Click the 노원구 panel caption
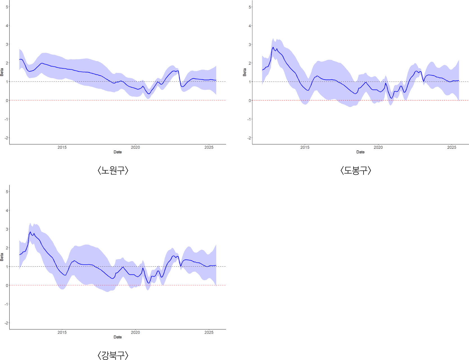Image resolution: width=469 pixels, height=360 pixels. point(113,170)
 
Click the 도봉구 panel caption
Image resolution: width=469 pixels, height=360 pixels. point(356,170)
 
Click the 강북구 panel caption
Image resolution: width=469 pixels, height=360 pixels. point(113,355)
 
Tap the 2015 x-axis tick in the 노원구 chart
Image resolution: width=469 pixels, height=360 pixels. point(62,147)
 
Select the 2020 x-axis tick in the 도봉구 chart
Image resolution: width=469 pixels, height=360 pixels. point(378,147)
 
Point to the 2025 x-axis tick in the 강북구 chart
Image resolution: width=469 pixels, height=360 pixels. point(209,332)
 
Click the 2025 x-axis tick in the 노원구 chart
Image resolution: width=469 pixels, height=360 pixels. point(209,147)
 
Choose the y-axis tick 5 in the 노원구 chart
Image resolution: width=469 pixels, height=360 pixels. point(7,7)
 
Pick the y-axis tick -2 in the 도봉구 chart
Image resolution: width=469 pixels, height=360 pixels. point(249,138)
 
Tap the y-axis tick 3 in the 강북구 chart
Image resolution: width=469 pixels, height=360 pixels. point(7,229)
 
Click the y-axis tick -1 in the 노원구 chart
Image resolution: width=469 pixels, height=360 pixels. point(6,119)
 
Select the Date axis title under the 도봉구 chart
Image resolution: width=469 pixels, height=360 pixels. point(360,152)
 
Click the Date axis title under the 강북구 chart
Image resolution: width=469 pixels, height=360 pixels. point(118,337)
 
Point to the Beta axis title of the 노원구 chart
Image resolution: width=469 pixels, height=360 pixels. point(2,72)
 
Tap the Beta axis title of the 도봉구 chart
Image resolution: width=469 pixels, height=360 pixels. point(245,72)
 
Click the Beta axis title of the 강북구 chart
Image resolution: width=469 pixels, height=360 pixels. point(2,257)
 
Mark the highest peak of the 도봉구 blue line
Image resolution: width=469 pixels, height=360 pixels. point(273,47)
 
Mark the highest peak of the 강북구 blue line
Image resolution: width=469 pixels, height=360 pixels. point(30,232)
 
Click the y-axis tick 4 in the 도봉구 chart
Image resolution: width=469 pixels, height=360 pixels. point(250,26)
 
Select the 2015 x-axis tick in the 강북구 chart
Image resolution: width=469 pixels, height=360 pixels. point(62,332)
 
